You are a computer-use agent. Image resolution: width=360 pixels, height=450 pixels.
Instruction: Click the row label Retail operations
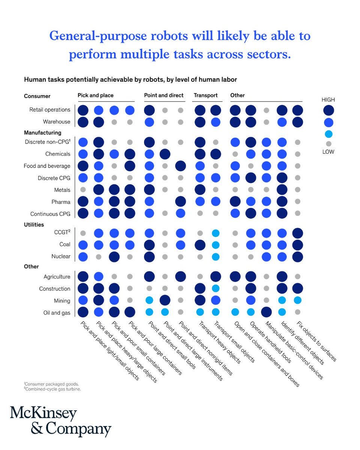coord(50,110)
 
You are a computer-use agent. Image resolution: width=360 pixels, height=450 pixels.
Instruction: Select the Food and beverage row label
coord(47,166)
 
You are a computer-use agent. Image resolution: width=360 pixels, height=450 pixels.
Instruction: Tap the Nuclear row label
coord(60,257)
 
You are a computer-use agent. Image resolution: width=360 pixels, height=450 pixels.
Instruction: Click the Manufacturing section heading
coord(42,132)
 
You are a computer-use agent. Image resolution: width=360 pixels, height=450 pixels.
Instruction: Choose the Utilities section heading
coord(34,225)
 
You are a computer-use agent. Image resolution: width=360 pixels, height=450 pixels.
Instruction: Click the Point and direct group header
coord(163,95)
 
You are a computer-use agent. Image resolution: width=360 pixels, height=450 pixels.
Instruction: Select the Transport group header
coord(205,95)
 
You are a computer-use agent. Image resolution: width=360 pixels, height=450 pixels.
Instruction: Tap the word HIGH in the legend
coord(328,100)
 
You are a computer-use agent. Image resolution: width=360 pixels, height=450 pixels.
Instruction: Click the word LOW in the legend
coord(328,152)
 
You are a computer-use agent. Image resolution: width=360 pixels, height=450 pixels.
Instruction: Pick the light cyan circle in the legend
coord(328,134)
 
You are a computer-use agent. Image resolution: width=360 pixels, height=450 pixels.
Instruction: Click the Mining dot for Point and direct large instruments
coord(165,300)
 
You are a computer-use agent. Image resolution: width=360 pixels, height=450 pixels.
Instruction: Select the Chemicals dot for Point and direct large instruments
coord(165,154)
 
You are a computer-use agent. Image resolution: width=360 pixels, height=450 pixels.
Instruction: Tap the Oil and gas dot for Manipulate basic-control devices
coord(267,312)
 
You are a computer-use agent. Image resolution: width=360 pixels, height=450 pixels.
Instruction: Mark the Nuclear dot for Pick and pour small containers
coord(114,257)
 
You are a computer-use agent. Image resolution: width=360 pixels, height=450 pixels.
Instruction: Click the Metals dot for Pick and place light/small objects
coord(83,190)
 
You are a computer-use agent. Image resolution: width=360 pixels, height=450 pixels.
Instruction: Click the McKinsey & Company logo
coord(60,421)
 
